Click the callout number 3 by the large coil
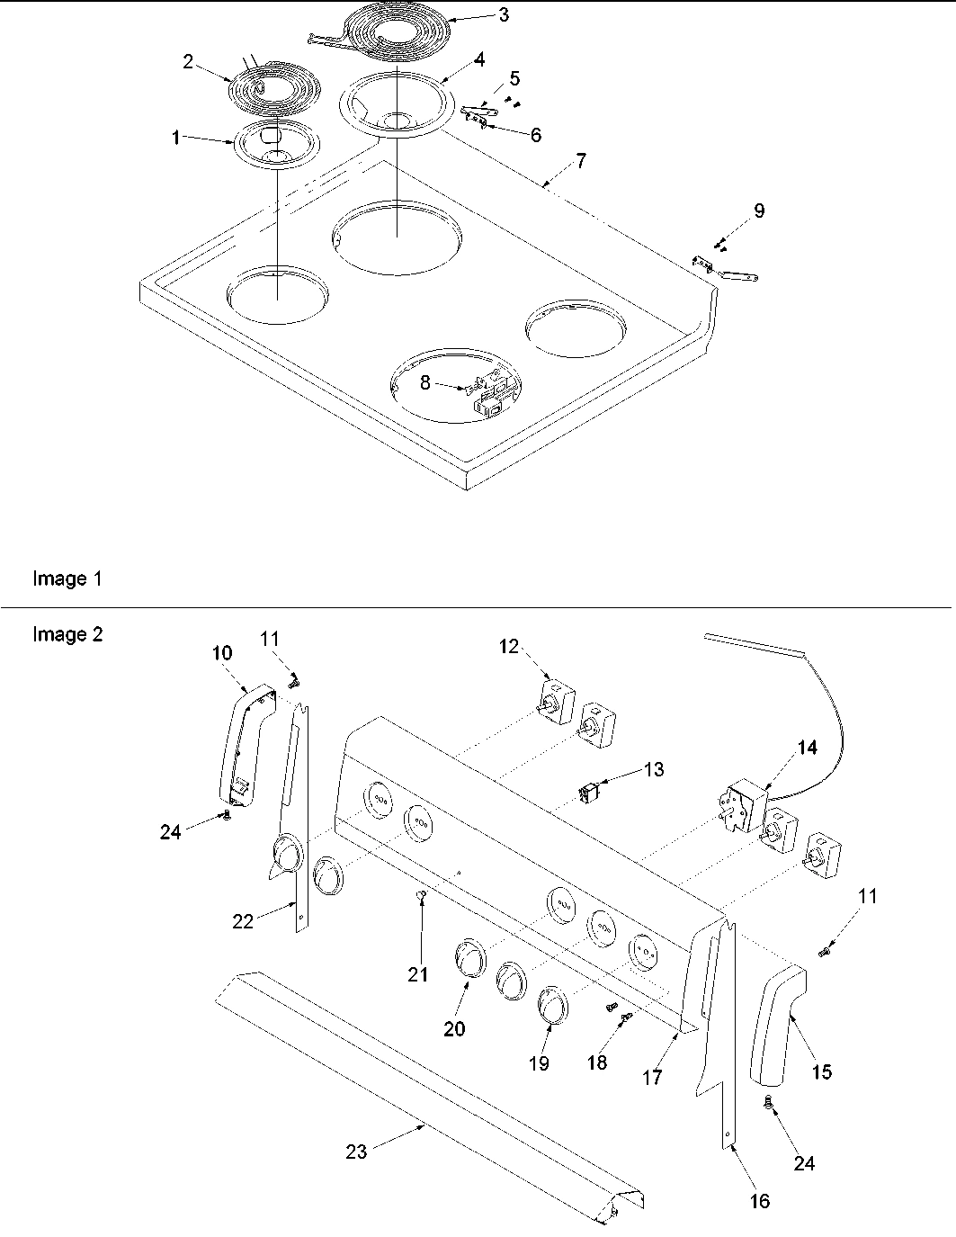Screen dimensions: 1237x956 click(x=503, y=14)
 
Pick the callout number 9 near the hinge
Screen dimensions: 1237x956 click(x=759, y=211)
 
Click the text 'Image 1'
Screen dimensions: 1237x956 click(x=67, y=578)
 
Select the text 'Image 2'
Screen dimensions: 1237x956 click(x=67, y=634)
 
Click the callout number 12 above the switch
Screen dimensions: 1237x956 click(x=510, y=646)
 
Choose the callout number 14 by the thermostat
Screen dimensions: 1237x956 click(x=808, y=748)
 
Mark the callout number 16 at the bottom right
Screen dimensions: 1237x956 click(x=760, y=1201)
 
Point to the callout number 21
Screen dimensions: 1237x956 click(x=418, y=974)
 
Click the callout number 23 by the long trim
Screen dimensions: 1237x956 click(x=356, y=1151)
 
